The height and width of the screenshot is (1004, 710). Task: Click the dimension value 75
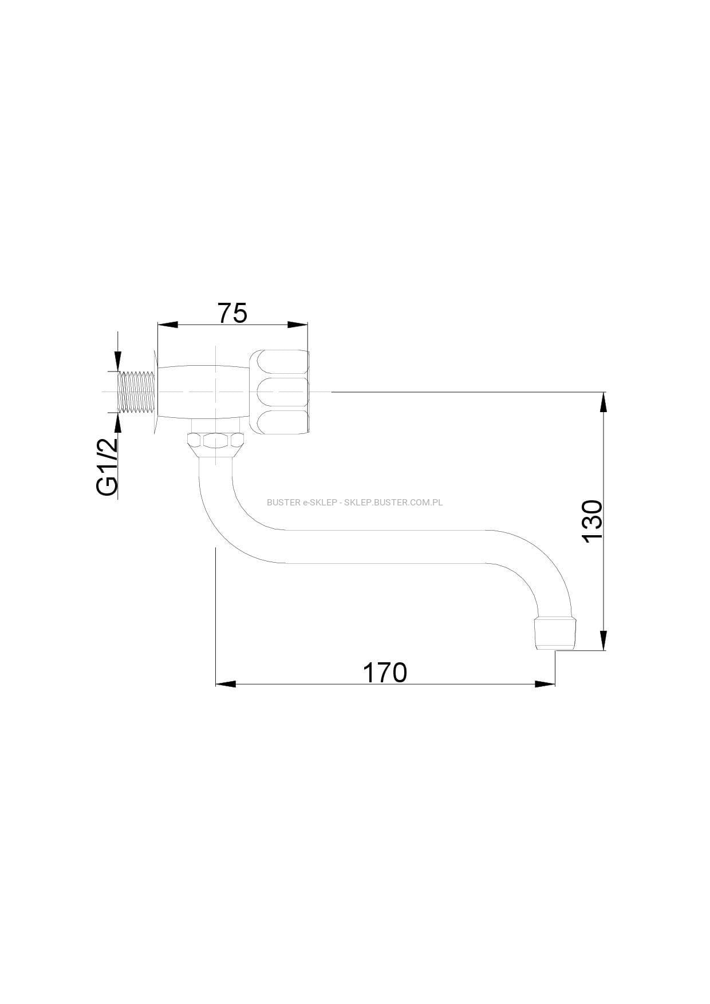[232, 313]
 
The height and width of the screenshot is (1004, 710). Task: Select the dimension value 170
[385, 673]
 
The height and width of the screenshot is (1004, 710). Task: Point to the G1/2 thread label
[107, 467]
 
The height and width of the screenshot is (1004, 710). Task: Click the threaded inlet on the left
[137, 392]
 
